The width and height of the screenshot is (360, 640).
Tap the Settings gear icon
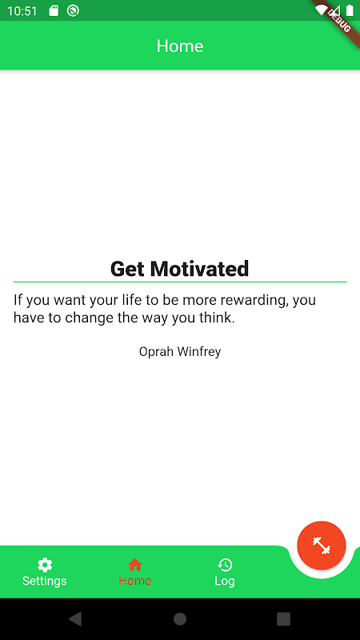45,565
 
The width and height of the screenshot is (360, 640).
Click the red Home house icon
134,565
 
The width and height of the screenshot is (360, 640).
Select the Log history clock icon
225,565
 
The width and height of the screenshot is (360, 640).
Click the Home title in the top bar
180,46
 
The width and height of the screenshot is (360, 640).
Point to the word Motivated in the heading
199,269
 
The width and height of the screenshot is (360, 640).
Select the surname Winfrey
199,352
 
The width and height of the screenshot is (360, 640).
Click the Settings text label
45,581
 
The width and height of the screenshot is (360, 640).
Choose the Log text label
225,581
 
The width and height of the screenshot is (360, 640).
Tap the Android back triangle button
75,618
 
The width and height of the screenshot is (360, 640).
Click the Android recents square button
284,618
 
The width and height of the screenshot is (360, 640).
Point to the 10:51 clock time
22,11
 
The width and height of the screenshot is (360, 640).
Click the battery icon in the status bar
350,10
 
